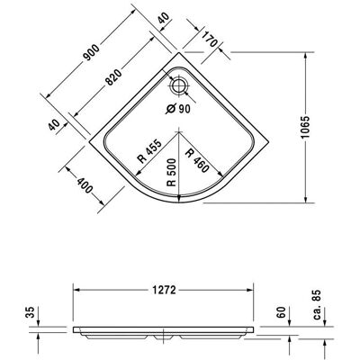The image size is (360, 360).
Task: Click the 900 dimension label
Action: pyautogui.click(x=91, y=52)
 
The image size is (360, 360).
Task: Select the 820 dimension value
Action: pyautogui.click(x=114, y=77)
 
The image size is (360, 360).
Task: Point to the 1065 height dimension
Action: pyautogui.click(x=305, y=127)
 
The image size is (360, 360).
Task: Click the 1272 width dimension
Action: pyautogui.click(x=164, y=290)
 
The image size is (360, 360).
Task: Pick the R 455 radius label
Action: pyautogui.click(x=150, y=151)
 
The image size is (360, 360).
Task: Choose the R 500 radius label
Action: pyautogui.click(x=172, y=172)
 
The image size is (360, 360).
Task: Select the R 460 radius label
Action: pyautogui.click(x=197, y=161)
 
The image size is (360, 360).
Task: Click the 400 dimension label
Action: pyautogui.click(x=85, y=185)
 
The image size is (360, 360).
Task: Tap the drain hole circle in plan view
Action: pyautogui.click(x=179, y=85)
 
